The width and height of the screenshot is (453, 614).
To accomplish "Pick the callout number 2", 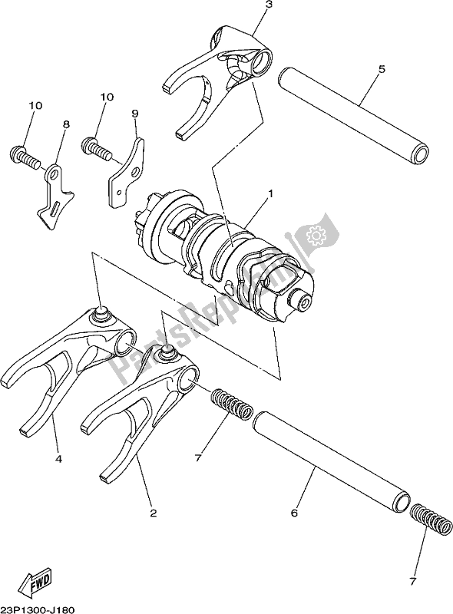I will click(153, 513).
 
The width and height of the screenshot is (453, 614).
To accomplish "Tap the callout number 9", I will click(135, 114).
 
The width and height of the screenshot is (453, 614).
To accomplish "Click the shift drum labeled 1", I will click(230, 253).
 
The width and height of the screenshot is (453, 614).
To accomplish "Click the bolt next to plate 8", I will click(23, 157).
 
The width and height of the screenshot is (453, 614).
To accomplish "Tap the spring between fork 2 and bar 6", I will click(231, 403).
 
